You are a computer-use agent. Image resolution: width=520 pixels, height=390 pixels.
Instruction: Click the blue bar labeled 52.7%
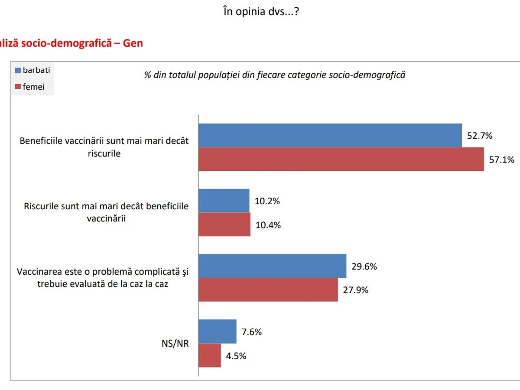click(x=330, y=135)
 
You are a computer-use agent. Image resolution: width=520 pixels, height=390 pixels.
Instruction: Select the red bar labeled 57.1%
click(x=341, y=159)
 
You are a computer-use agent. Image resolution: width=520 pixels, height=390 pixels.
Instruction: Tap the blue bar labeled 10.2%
click(x=224, y=201)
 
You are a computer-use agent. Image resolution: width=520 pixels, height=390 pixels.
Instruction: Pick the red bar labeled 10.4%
click(x=224, y=224)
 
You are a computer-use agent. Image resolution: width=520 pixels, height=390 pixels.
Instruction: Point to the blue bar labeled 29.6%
click(x=272, y=266)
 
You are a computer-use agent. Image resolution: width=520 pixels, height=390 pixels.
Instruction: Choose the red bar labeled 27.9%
click(x=268, y=289)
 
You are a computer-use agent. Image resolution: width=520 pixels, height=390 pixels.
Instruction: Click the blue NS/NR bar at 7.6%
click(x=218, y=331)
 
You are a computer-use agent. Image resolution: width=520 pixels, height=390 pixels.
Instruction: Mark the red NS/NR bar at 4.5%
click(x=210, y=355)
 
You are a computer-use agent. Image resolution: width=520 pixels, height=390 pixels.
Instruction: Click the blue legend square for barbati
click(x=18, y=70)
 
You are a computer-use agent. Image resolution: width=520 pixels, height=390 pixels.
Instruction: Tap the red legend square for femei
click(x=18, y=87)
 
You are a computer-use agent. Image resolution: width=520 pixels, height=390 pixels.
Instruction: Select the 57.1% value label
click(x=502, y=159)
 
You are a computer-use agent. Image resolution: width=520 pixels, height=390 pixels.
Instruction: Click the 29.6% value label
click(x=364, y=266)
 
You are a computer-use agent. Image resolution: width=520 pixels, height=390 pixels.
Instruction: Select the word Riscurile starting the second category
click(x=43, y=206)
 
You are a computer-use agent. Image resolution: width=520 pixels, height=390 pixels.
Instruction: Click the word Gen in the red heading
click(x=133, y=43)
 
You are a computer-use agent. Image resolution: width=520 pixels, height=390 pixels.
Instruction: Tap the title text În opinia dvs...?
click(x=261, y=12)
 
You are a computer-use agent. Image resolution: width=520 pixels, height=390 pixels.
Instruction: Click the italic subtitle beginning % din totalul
click(x=275, y=75)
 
